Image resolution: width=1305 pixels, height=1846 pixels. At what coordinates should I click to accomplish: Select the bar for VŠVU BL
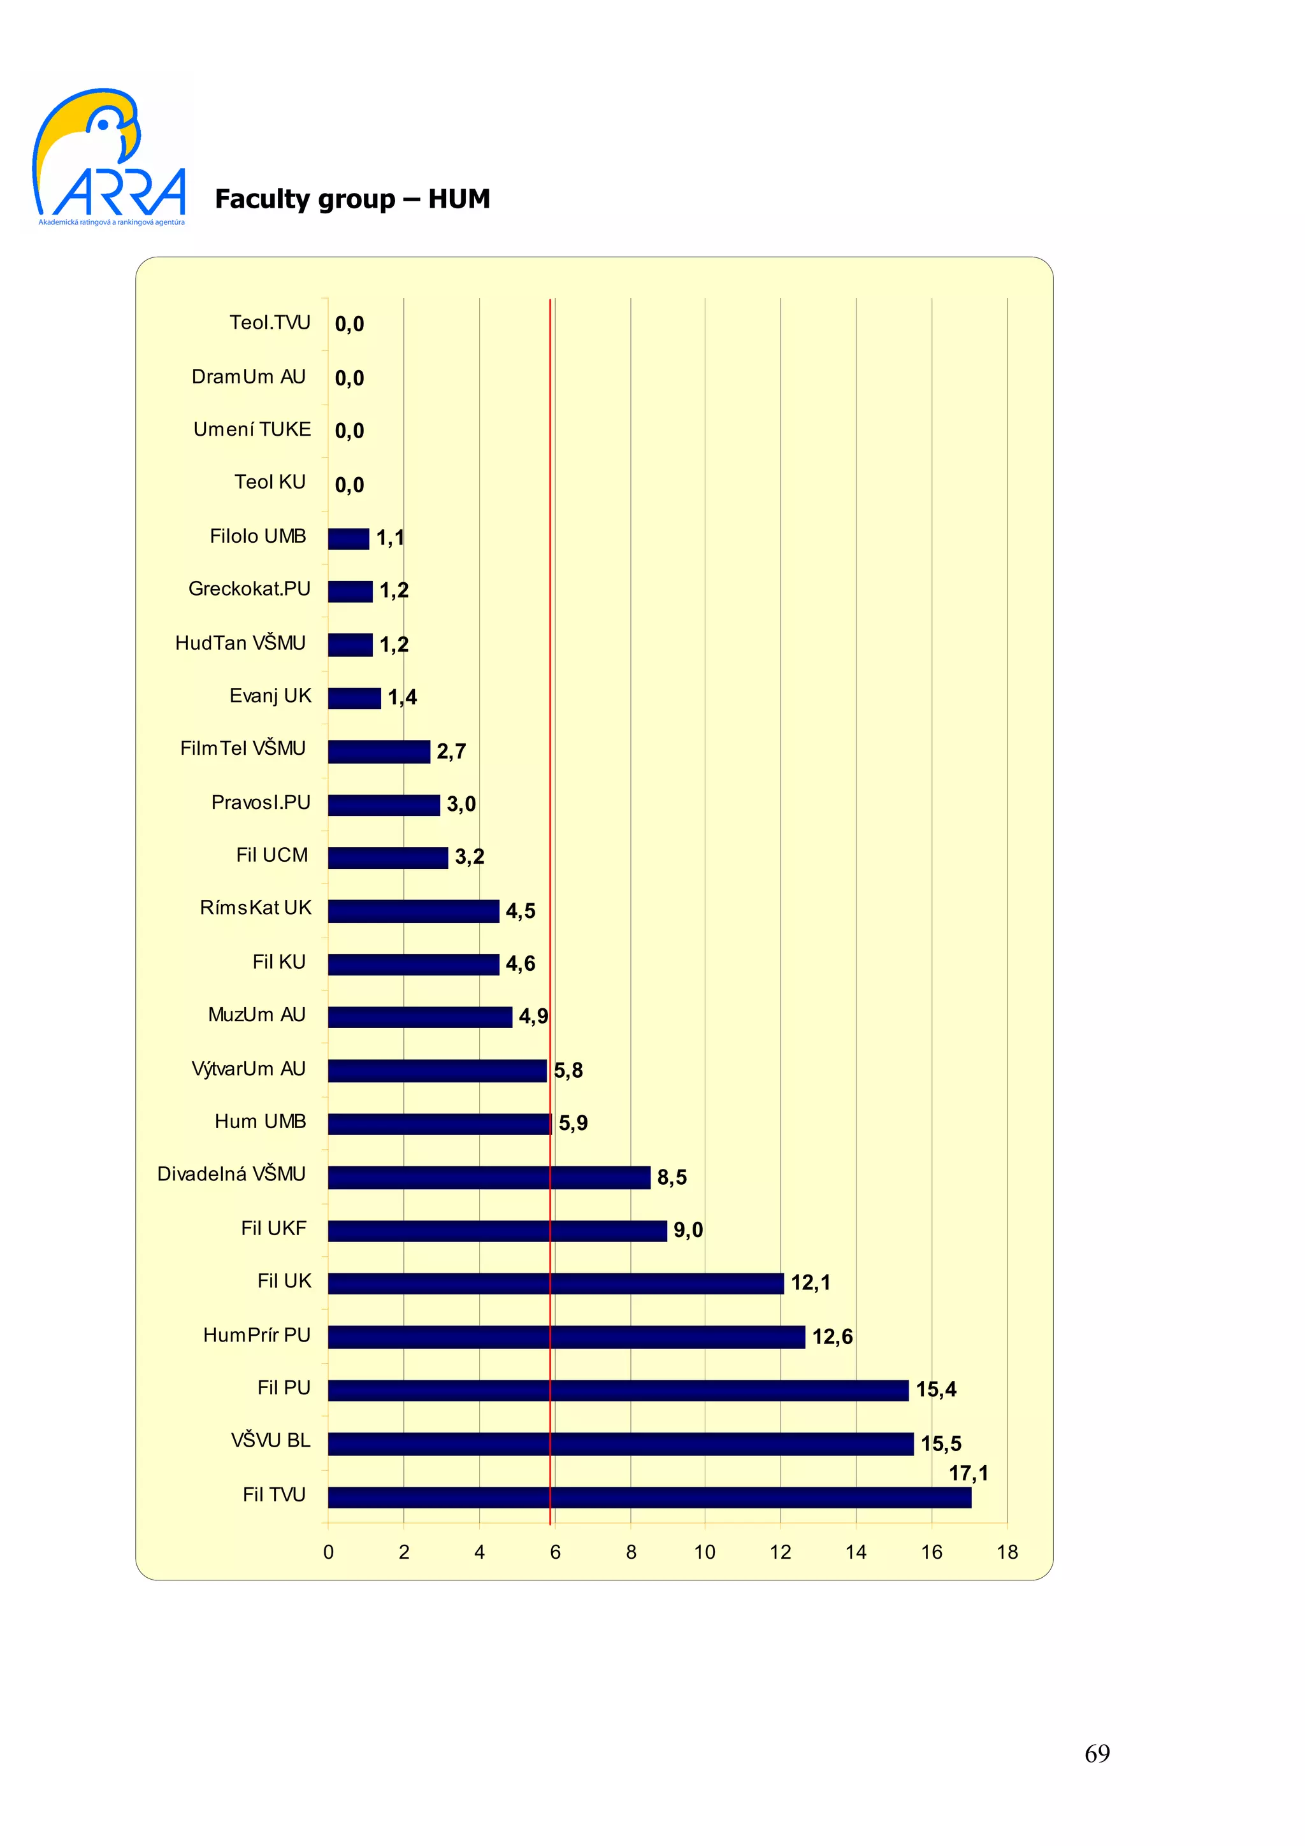click(x=620, y=1443)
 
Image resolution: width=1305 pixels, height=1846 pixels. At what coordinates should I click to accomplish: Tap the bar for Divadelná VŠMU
click(x=489, y=1177)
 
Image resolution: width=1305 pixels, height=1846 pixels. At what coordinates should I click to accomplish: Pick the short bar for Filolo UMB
click(x=348, y=539)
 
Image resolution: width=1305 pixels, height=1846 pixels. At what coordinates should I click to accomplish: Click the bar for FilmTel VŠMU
click(x=379, y=752)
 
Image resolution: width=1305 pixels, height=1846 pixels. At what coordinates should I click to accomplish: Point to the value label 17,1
click(x=968, y=1473)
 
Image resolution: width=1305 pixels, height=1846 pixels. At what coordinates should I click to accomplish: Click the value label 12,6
click(x=832, y=1336)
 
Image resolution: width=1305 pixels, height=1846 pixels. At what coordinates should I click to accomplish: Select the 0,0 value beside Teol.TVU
click(x=349, y=324)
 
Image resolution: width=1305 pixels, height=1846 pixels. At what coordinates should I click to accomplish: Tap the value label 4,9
click(x=533, y=1016)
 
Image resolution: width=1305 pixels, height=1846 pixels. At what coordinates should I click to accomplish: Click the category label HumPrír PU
click(x=257, y=1334)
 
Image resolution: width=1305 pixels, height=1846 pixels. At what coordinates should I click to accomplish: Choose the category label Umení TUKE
click(x=252, y=429)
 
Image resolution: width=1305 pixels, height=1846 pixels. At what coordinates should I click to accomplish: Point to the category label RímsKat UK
click(x=255, y=908)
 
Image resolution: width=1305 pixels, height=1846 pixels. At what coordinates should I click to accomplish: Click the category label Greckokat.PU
click(x=249, y=589)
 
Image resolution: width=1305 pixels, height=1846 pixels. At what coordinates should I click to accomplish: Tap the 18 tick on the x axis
click(x=1007, y=1552)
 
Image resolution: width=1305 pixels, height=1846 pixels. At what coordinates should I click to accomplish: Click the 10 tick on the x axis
click(x=704, y=1552)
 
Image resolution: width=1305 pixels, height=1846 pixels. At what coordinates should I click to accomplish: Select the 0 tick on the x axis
click(x=328, y=1552)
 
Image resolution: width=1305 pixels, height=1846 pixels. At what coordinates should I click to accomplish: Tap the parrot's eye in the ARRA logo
click(x=105, y=124)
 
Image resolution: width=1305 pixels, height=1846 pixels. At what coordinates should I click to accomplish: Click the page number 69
click(x=1097, y=1753)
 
